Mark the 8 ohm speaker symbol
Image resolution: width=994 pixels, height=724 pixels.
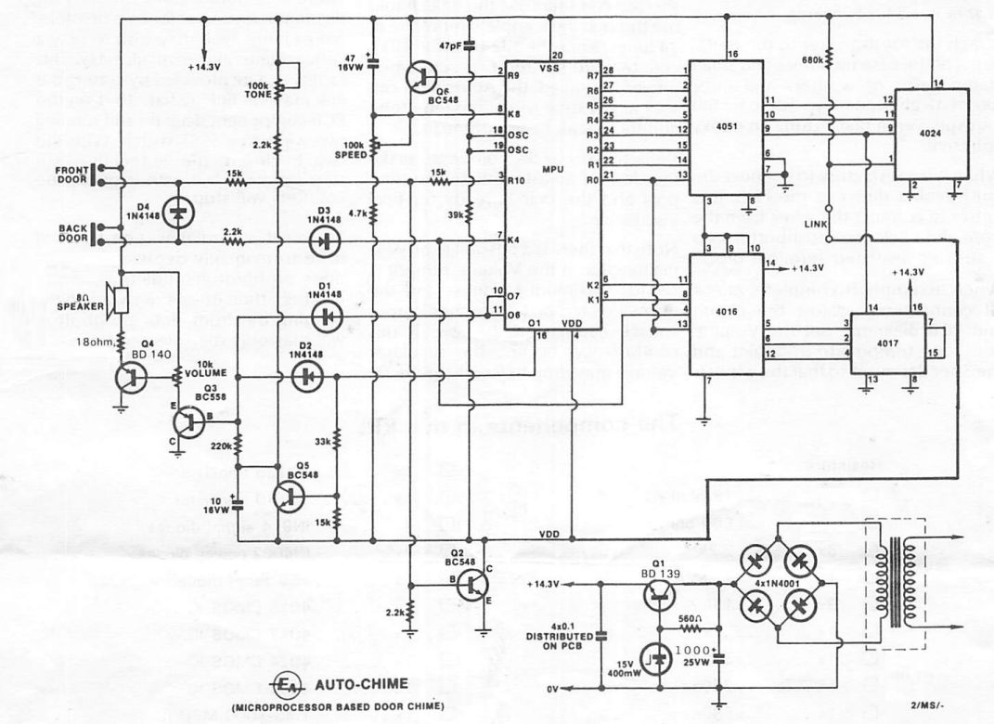pyautogui.click(x=115, y=299)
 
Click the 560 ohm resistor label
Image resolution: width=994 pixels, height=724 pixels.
pyautogui.click(x=689, y=618)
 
